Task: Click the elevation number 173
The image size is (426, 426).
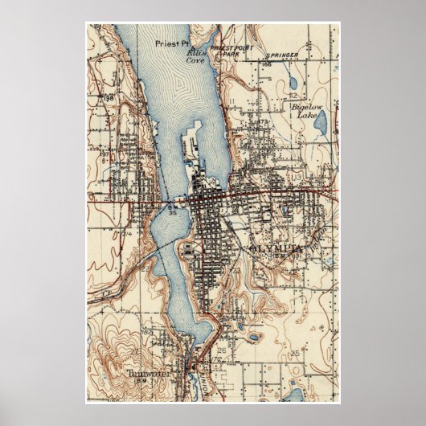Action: click(x=262, y=121)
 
